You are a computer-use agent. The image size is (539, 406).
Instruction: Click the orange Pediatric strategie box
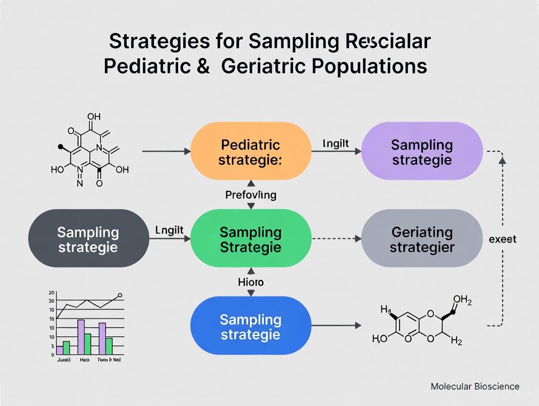click(250, 152)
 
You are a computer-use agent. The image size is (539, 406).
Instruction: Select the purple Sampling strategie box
click(421, 152)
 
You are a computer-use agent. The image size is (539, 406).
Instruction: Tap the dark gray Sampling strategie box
click(88, 239)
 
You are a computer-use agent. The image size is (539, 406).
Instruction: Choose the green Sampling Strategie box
click(250, 239)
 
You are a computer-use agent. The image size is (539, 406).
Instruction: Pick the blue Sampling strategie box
click(250, 326)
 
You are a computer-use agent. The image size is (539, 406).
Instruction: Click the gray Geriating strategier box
click(421, 239)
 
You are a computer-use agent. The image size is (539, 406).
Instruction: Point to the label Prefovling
click(250, 195)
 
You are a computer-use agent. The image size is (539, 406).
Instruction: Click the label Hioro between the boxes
click(250, 282)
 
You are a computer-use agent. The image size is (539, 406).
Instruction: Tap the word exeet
click(502, 239)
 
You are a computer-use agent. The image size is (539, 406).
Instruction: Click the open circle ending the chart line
click(120, 295)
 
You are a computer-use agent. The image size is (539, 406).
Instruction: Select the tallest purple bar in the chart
click(81, 337)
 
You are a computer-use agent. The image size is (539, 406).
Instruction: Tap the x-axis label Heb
click(84, 360)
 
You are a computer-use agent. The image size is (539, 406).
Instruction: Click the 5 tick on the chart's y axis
click(52, 346)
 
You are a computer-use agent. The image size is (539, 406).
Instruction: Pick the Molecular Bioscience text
click(475, 386)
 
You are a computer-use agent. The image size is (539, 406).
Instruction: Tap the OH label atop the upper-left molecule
click(94, 117)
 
